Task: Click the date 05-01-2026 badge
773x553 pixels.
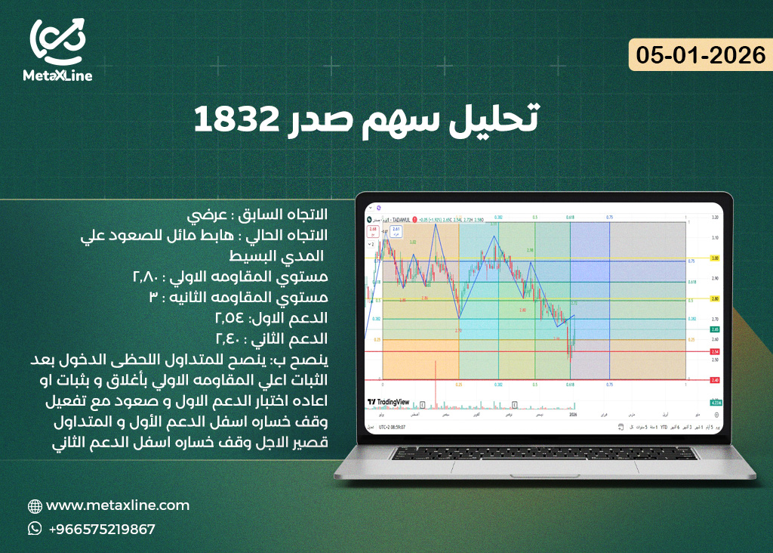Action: (x=701, y=55)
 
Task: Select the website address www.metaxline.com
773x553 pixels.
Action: (x=118, y=505)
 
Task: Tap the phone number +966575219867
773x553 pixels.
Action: (x=101, y=529)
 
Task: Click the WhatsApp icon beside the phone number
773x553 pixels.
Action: (x=35, y=529)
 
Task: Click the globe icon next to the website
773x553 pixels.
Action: (x=35, y=506)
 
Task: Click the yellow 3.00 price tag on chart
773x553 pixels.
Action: (x=713, y=258)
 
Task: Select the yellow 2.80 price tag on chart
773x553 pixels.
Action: (x=713, y=298)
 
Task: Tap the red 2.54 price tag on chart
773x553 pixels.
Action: (x=713, y=351)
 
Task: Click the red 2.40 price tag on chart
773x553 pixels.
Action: (x=713, y=380)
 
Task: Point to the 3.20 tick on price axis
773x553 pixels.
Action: (x=713, y=217)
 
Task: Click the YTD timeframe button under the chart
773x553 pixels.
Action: (x=664, y=427)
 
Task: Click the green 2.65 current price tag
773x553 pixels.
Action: (x=713, y=329)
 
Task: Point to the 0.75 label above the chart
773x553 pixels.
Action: (x=608, y=217)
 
